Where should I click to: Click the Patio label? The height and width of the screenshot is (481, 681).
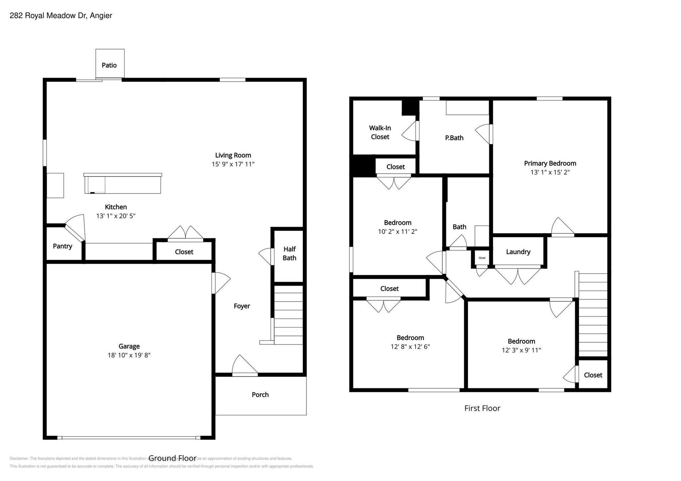[109, 65]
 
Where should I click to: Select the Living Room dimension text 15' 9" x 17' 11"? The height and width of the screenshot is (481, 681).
[233, 164]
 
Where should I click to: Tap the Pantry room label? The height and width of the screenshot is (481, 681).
[63, 246]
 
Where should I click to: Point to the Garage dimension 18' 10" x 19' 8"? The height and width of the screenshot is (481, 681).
[129, 355]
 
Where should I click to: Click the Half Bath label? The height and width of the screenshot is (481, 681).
[289, 253]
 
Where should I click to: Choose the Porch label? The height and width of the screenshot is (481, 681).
[260, 395]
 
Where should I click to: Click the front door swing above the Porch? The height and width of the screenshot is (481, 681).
[244, 366]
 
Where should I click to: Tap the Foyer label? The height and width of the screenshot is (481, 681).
[242, 306]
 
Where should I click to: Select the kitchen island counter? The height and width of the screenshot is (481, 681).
[123, 184]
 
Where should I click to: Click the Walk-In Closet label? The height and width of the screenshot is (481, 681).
[380, 132]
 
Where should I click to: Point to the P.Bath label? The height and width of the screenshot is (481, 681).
[454, 138]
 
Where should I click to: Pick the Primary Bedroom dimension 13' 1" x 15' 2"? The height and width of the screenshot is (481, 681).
[550, 172]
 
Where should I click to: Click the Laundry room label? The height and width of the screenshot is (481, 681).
[518, 252]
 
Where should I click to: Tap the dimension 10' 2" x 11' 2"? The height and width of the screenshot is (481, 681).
[397, 231]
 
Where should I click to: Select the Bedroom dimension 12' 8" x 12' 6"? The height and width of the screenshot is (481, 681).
[410, 346]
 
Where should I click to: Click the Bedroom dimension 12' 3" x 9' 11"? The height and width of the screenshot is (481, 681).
[521, 350]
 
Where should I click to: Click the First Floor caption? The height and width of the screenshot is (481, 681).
[482, 408]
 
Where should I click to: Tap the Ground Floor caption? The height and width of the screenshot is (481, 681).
[172, 458]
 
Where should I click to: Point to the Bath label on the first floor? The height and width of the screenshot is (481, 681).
[459, 227]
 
